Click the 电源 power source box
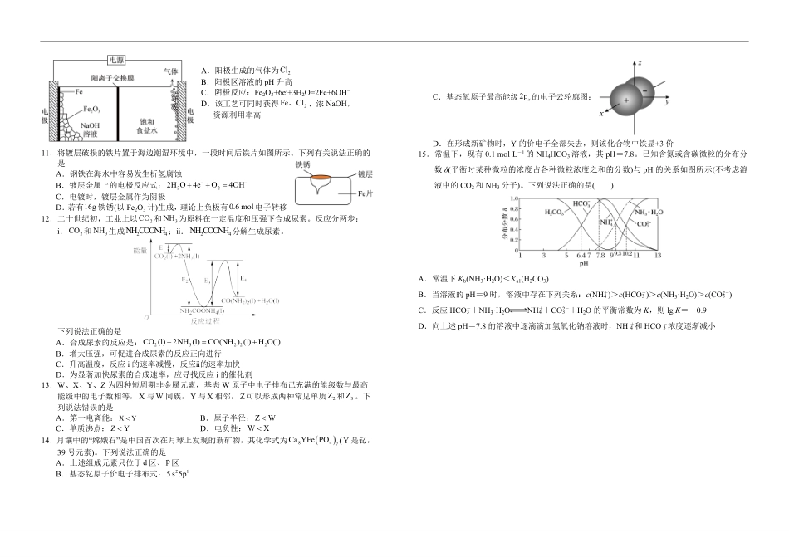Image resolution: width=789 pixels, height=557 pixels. [117, 60]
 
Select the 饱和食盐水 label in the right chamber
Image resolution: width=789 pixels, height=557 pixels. [147, 126]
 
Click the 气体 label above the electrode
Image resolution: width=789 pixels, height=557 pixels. [171, 71]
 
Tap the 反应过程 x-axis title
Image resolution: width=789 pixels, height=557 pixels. [205, 320]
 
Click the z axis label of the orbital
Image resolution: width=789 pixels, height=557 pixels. [639, 63]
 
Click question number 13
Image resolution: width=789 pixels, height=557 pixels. [47, 385]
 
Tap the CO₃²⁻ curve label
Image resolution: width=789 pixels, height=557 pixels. [643, 223]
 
